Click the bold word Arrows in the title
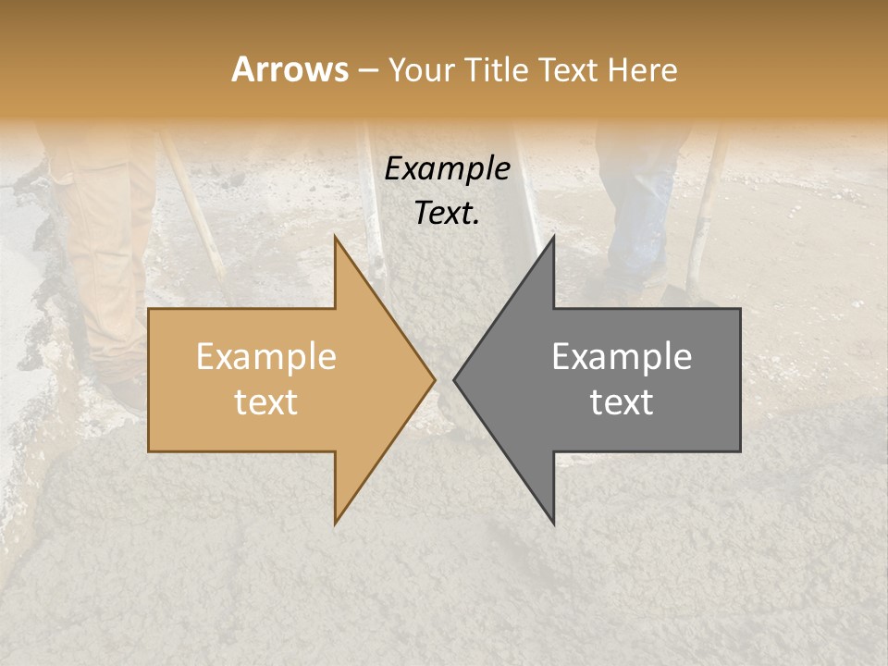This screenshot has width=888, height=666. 290,69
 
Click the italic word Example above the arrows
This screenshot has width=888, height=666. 448,169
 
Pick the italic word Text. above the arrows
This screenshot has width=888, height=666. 448,213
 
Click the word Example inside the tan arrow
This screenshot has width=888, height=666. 266,357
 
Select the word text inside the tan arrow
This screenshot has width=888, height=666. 266,402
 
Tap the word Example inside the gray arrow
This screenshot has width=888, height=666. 622,357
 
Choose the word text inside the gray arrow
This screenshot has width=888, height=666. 622,402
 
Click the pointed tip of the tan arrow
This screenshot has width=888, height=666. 433,379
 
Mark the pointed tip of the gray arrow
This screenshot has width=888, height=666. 456,379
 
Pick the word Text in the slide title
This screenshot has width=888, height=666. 569,70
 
